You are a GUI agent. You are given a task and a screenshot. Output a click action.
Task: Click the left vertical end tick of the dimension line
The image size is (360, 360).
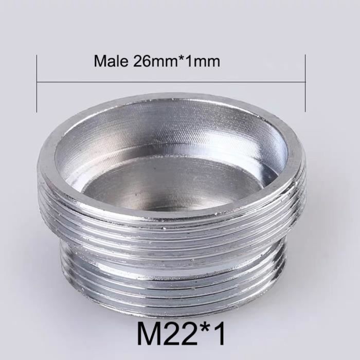click(37, 82)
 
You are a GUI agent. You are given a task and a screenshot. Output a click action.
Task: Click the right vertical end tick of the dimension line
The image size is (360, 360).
click(305, 82)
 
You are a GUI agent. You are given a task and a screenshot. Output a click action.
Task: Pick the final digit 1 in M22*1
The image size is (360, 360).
click(220, 334)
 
